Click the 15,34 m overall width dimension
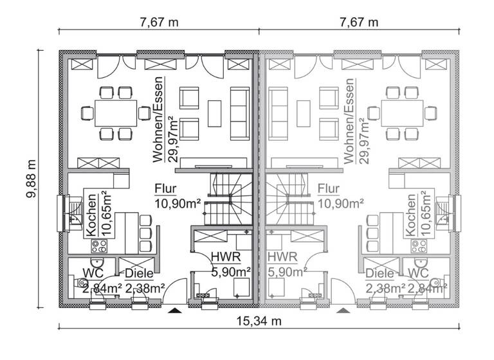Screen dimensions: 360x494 pyautogui.click(x=257, y=321)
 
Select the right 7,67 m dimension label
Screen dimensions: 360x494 pyautogui.click(x=359, y=22)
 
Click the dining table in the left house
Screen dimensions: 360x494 pyautogui.click(x=116, y=113)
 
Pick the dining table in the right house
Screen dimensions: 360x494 pyautogui.click(x=401, y=113)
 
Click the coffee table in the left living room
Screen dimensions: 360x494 pyautogui.click(x=214, y=113)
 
